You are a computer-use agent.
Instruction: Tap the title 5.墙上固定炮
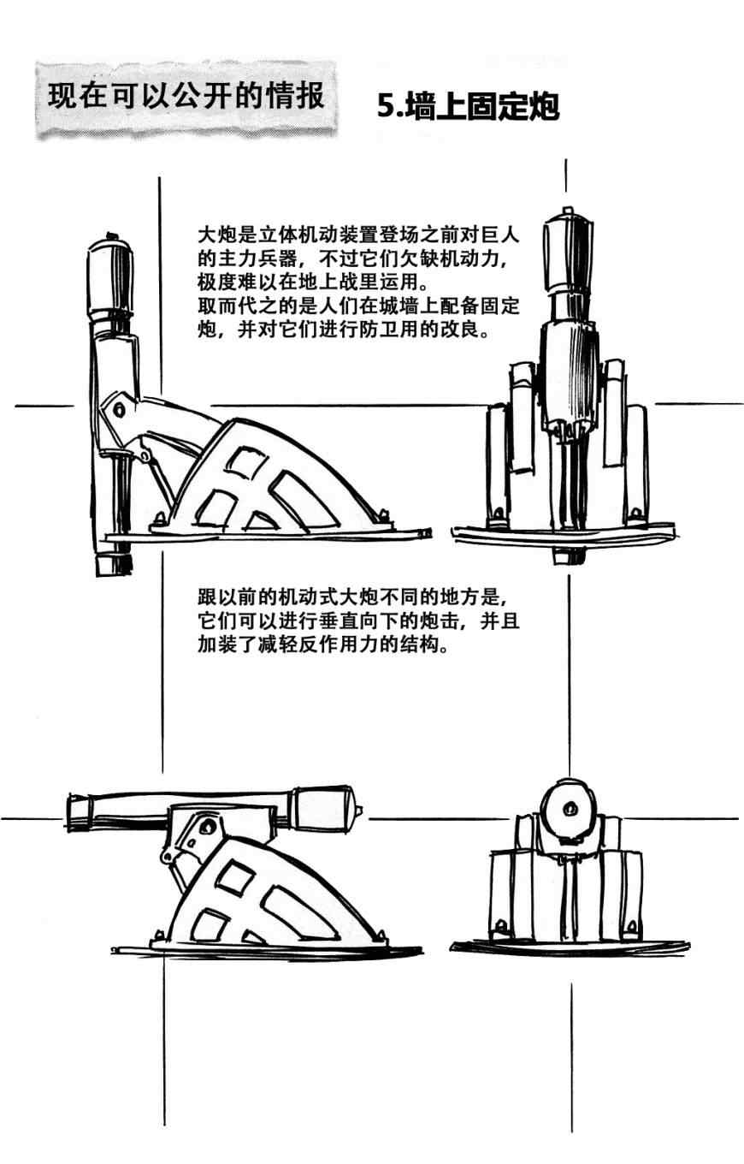(468, 107)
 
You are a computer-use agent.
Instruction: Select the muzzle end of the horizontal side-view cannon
(79, 811)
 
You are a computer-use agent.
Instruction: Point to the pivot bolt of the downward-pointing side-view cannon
(118, 410)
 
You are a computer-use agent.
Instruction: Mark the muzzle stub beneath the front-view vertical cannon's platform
(566, 555)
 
